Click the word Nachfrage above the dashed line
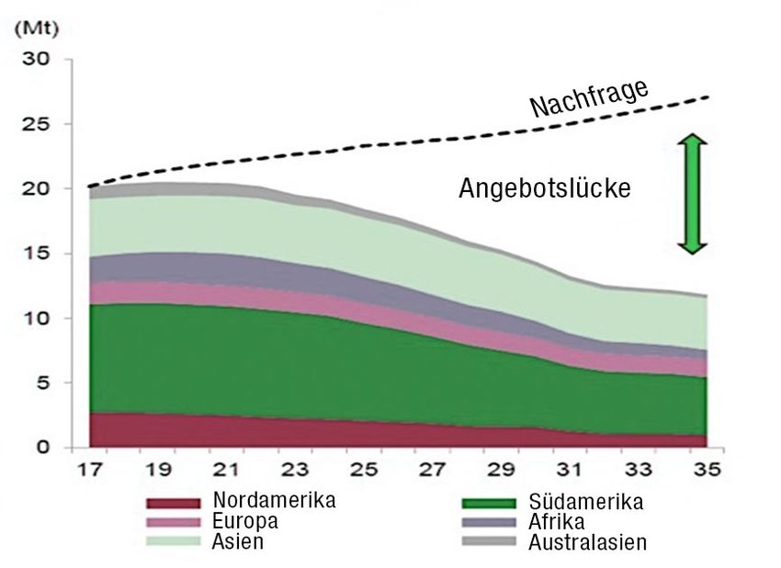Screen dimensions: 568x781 click(x=590, y=98)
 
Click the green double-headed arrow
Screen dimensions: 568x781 click(x=693, y=194)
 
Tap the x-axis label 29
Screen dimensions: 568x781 click(x=500, y=471)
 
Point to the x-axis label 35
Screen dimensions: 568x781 click(x=706, y=471)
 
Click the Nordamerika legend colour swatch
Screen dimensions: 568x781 click(x=173, y=503)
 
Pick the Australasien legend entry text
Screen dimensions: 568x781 click(x=587, y=542)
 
